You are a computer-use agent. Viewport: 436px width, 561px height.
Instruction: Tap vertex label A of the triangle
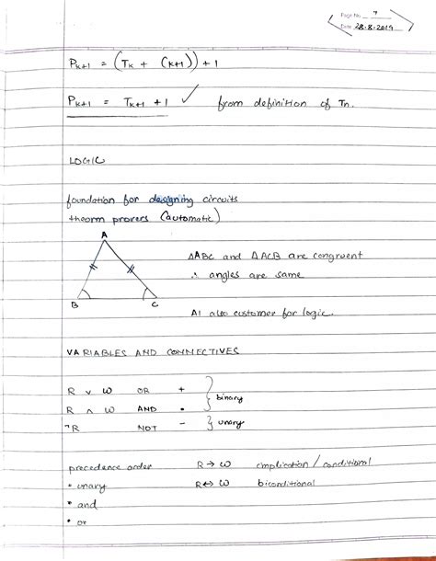103,235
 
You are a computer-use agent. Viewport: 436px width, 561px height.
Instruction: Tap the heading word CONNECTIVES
197,352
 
